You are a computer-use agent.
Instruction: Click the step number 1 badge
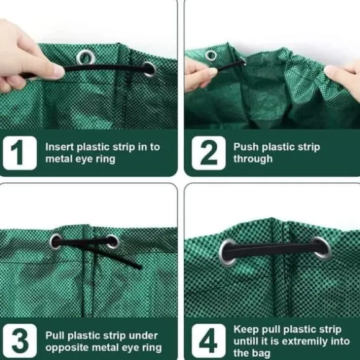[20, 153]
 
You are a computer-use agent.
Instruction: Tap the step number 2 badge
[209, 153]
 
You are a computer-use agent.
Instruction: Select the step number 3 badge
[20, 341]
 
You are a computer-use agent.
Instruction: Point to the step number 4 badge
[209, 341]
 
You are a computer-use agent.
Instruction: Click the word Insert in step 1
[60, 147]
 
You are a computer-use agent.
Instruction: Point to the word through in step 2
[253, 159]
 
